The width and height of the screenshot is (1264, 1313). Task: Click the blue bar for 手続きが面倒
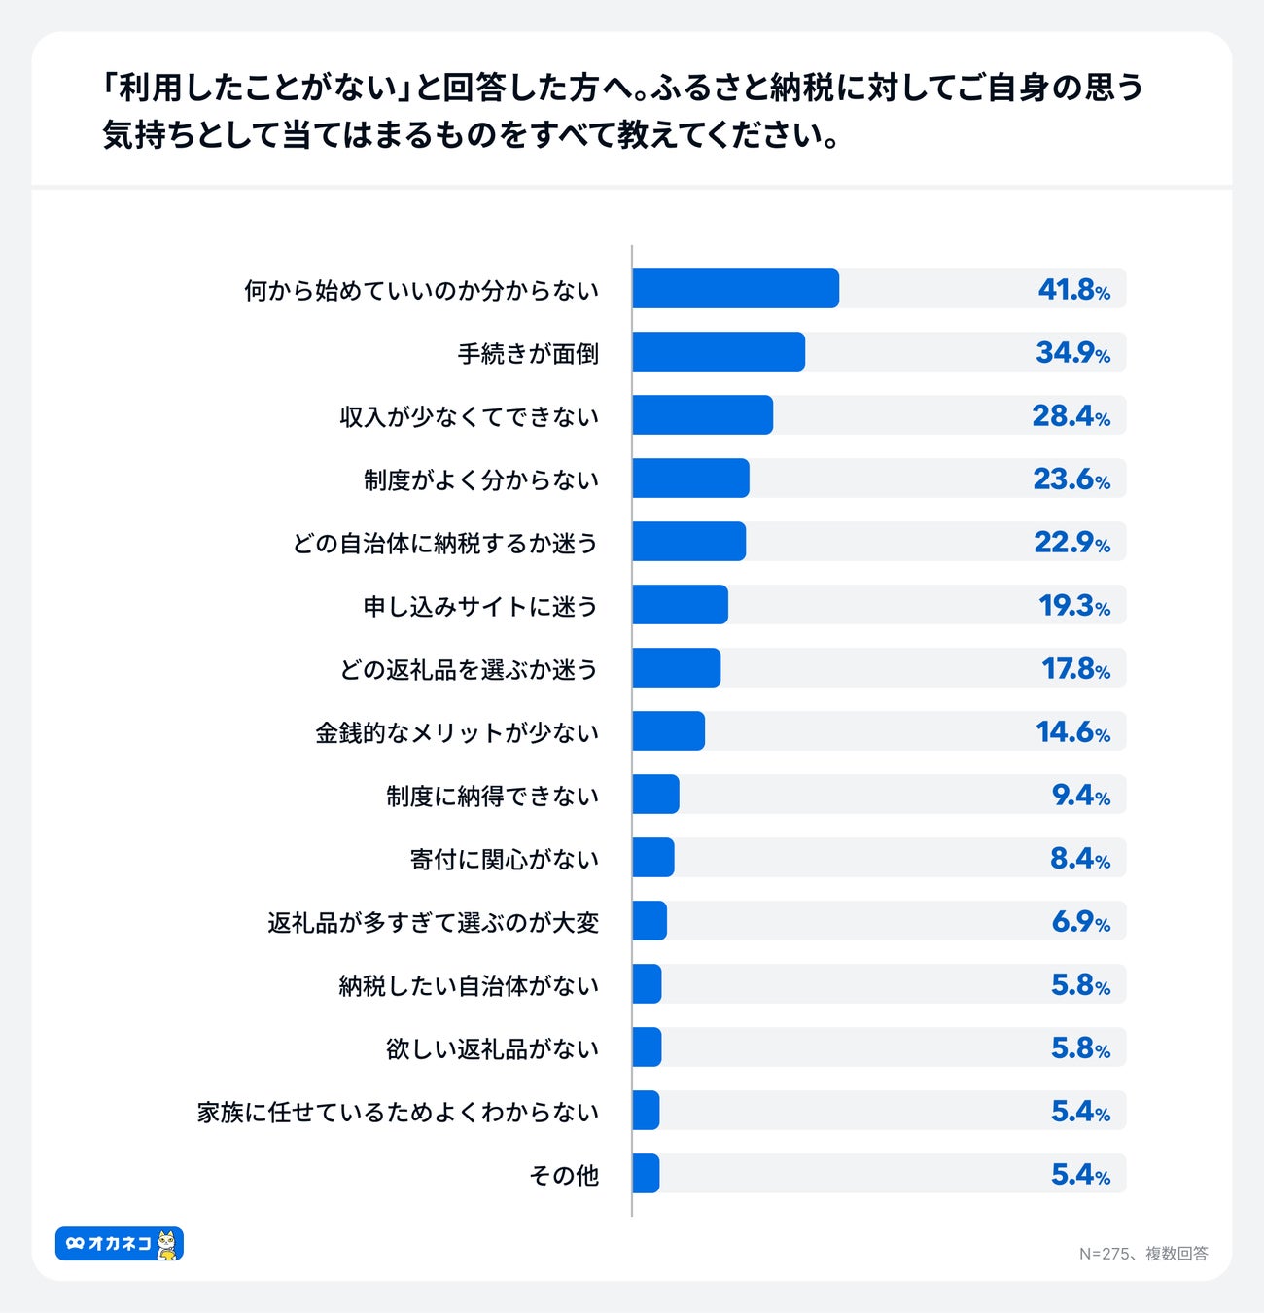[719, 352]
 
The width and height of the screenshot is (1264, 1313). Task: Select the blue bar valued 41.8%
[735, 289]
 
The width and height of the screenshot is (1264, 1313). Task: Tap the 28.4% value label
[1071, 416]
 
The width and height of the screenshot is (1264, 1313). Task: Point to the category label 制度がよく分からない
[481, 479]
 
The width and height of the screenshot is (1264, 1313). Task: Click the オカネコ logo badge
[119, 1243]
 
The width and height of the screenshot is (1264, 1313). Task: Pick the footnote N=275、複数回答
[1142, 1254]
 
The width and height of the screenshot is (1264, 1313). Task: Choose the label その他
[564, 1175]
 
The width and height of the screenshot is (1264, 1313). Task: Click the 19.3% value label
[1073, 606]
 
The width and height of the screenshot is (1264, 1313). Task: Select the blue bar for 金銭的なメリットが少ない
[668, 731]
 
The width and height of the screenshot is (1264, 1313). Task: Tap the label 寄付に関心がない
[505, 859]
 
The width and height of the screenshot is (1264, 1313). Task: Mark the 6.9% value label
[1080, 922]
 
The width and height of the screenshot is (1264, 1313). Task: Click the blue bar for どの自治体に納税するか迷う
[688, 542]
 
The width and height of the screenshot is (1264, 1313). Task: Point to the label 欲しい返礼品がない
[492, 1048]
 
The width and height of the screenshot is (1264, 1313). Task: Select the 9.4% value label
[1080, 796]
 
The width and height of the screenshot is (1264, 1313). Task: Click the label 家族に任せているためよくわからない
[398, 1112]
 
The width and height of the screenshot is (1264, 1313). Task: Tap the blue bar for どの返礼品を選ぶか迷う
[676, 668]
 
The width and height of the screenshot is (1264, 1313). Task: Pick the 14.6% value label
[1072, 732]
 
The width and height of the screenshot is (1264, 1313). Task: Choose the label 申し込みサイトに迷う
[480, 606]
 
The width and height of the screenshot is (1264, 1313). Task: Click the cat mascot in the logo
[168, 1244]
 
